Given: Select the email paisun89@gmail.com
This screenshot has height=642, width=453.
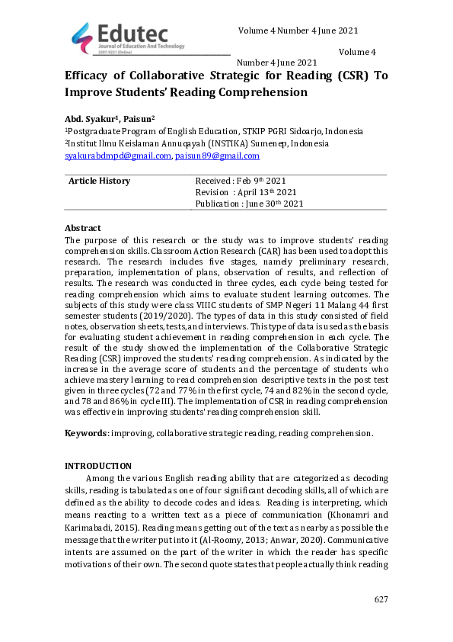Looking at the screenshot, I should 217,156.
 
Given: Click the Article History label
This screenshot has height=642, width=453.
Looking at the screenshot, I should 99,181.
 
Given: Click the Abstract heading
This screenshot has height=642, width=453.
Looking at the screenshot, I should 82,228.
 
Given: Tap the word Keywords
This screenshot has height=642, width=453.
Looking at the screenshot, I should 85,433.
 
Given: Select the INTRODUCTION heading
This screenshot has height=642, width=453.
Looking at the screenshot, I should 98,466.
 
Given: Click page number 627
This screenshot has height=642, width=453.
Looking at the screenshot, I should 381,600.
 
